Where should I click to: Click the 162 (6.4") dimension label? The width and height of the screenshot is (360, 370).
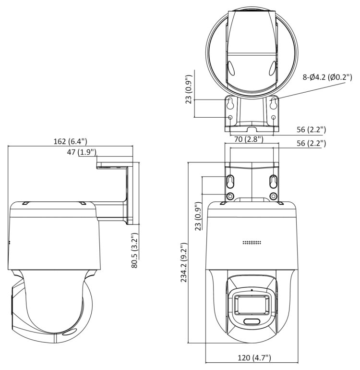pos(70,141)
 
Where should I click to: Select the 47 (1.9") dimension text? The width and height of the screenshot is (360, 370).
pos(81,152)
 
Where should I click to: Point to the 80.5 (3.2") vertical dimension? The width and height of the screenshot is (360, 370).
pos(136,250)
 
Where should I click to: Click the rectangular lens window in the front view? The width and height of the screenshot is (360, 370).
pos(252,305)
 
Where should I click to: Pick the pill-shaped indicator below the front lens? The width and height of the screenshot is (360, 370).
pos(252,321)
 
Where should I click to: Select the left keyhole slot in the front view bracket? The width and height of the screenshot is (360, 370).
pos(230,181)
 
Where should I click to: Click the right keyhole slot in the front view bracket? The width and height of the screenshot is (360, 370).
pos(273,181)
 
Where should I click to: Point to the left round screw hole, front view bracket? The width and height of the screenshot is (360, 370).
pos(230,196)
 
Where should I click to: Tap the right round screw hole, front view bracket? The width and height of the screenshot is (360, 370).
pos(273,196)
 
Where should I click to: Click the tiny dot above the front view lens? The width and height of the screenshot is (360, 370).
pos(252,291)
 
